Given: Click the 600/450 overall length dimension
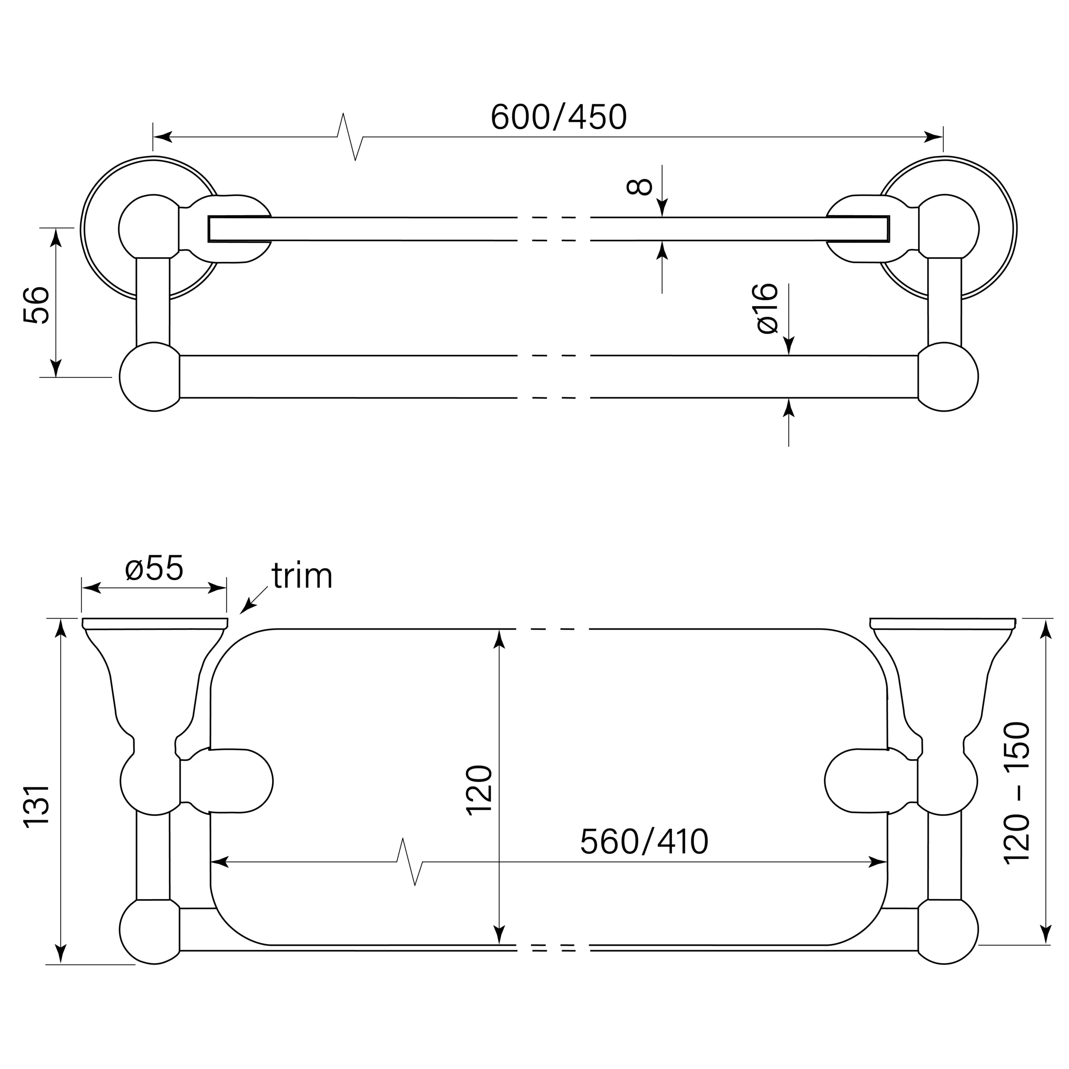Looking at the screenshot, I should [x=558, y=117].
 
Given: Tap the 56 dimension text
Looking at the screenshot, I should [x=36, y=304].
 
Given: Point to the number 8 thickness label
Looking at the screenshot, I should [x=639, y=187].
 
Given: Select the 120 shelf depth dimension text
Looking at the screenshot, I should [x=479, y=789].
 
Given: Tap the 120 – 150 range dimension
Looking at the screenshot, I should [x=1016, y=792].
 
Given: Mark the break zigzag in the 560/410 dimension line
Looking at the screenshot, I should [x=410, y=861].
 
